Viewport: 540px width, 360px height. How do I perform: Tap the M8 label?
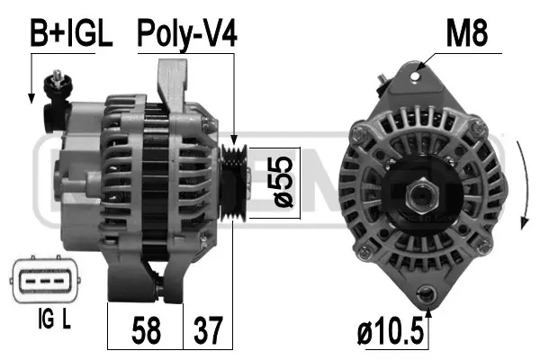coord(467,35)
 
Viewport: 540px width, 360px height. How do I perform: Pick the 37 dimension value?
coord(207,330)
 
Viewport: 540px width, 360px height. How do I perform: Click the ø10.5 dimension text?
coord(389,330)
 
